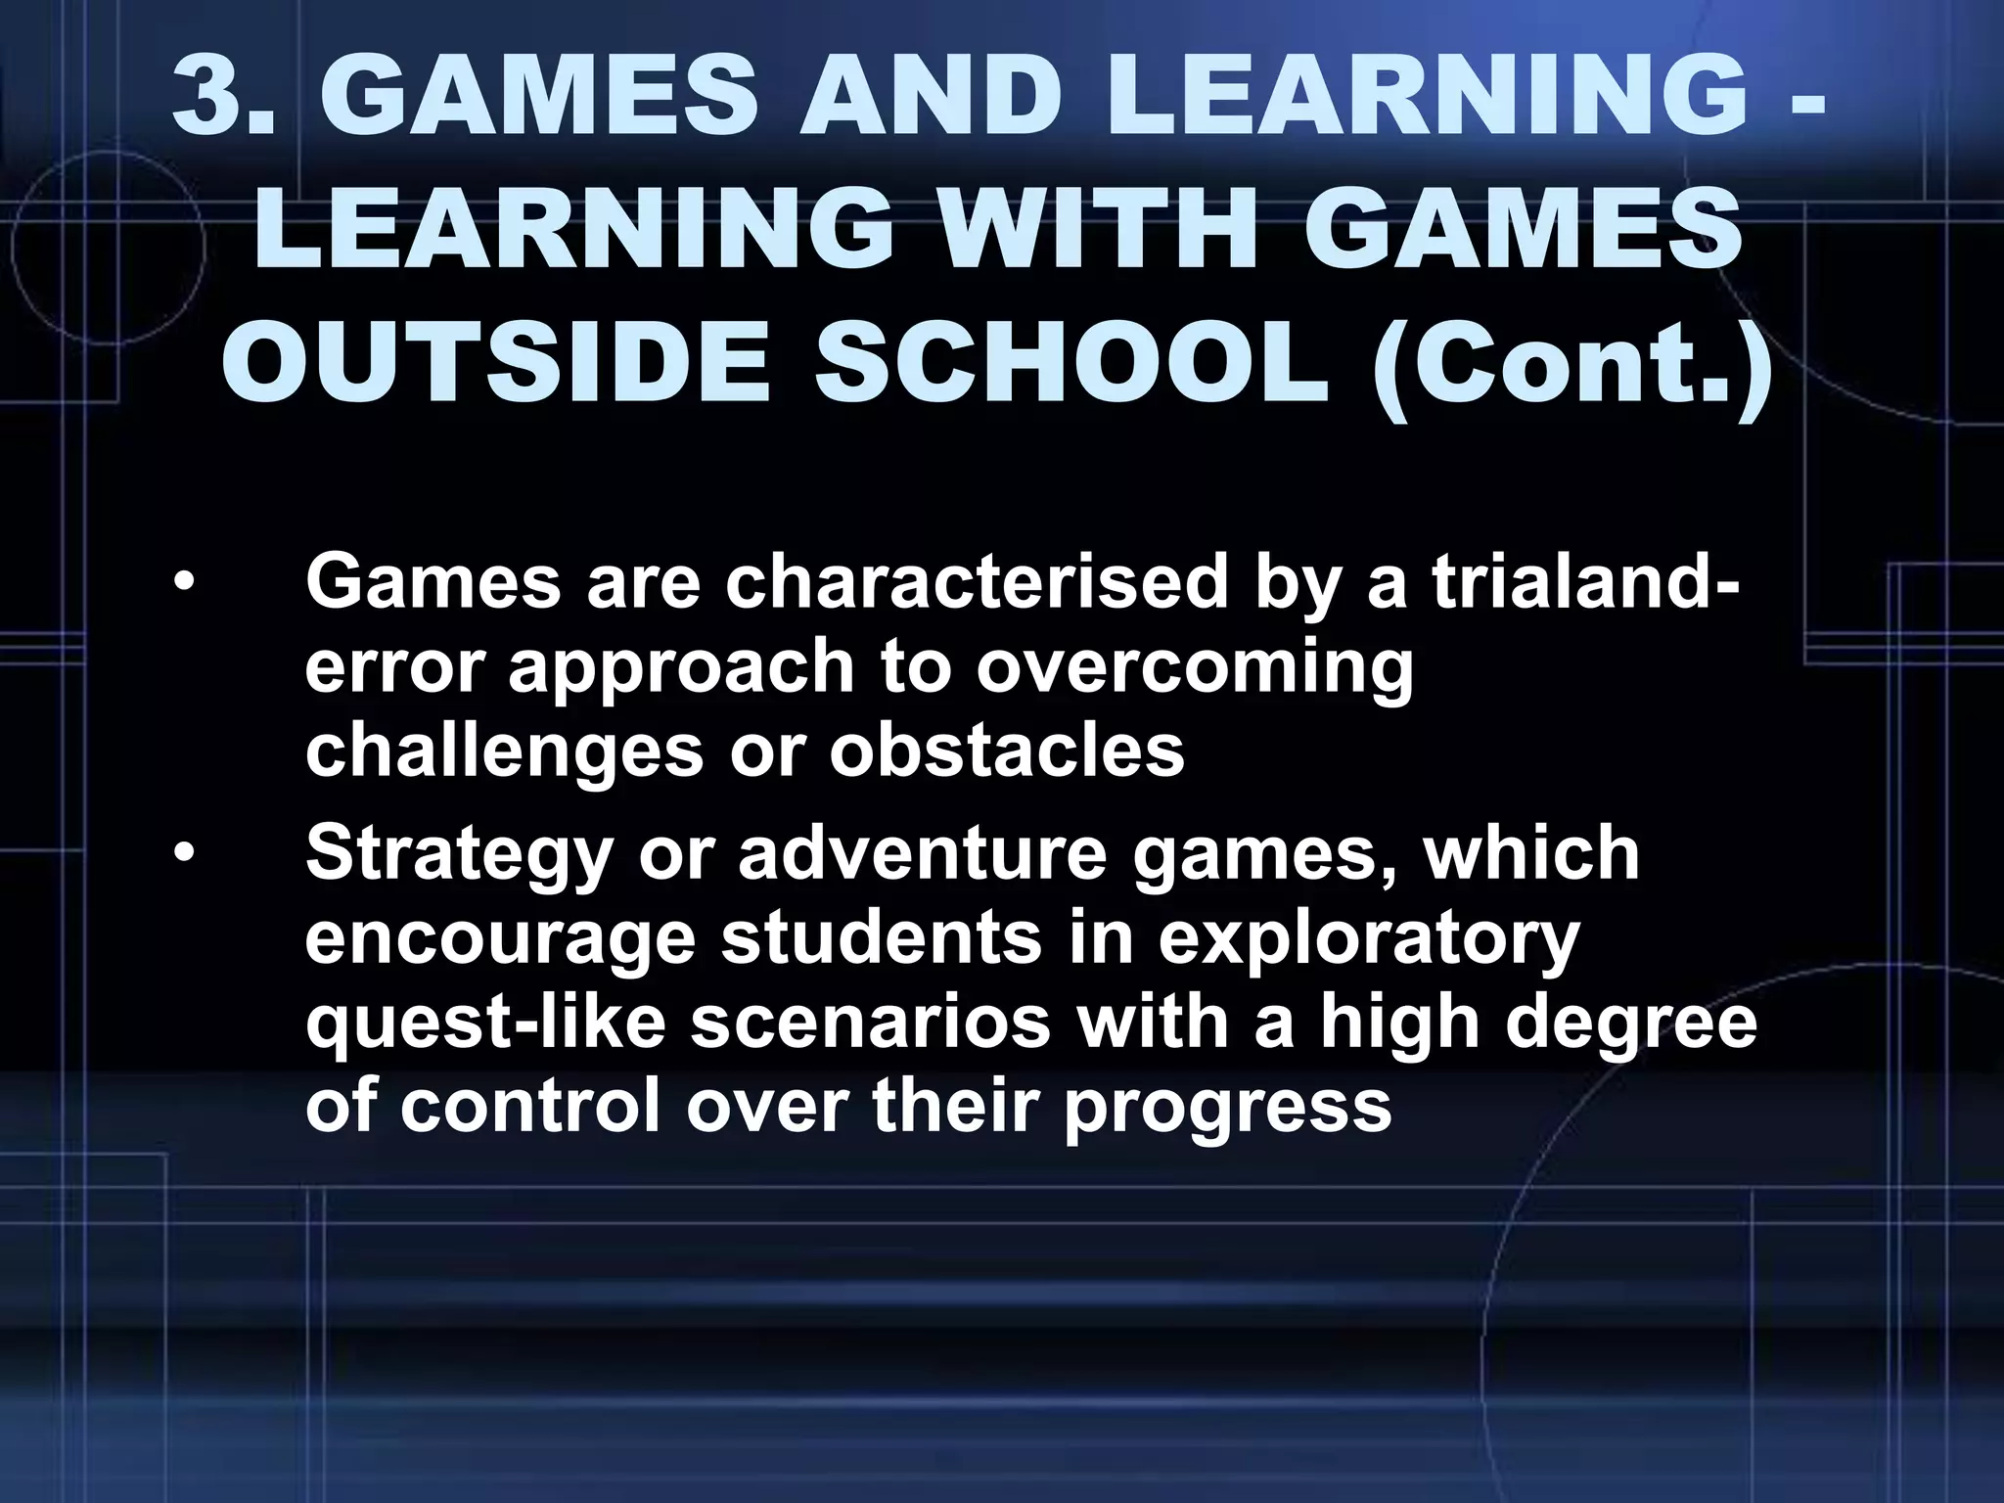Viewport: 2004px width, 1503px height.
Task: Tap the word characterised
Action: (x=975, y=583)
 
